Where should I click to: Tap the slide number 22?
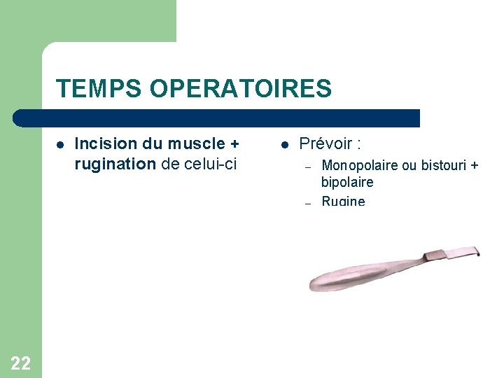point(20,363)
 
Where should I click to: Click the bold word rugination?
point(115,164)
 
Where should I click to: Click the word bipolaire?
point(347,182)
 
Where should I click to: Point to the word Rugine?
point(343,201)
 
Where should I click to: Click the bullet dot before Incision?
point(60,145)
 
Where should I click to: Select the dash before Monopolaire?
point(306,167)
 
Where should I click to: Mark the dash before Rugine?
point(306,202)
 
